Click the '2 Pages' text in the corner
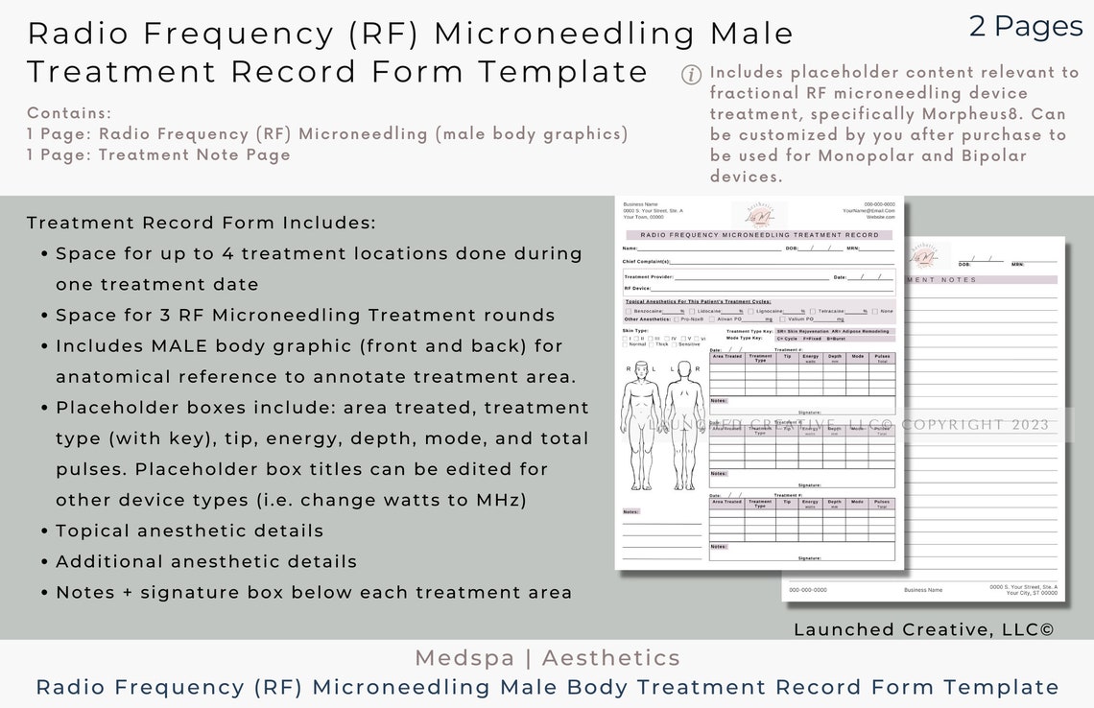tap(1026, 27)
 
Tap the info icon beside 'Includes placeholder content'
tap(691, 75)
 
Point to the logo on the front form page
tap(759, 215)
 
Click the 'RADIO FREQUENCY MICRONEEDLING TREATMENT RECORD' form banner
tap(759, 235)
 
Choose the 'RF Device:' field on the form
tap(637, 288)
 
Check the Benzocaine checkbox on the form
tap(628, 311)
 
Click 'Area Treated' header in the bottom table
tap(726, 501)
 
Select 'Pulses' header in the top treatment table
tap(882, 356)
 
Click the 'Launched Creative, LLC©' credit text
tap(923, 629)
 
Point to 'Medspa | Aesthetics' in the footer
tap(547, 658)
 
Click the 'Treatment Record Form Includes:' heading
tap(202, 223)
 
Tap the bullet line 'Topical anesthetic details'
tap(189, 531)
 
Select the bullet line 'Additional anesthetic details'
tap(206, 561)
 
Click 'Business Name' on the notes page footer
tap(923, 590)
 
